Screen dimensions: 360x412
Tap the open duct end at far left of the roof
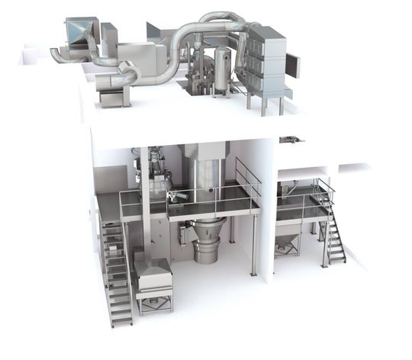coord(56,54)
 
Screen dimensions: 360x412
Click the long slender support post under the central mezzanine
coord(252,244)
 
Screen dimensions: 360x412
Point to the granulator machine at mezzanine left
coord(160,175)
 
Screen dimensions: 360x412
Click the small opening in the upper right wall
coord(290,140)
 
